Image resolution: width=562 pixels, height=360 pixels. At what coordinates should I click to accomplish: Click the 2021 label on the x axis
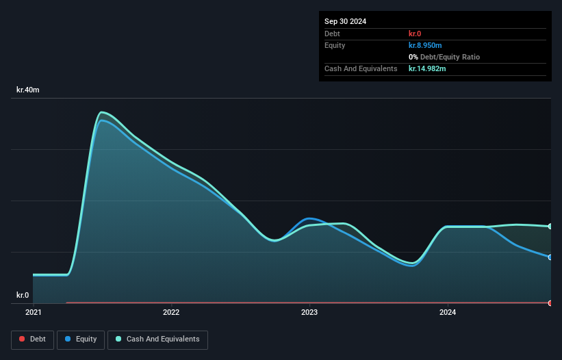tap(33, 312)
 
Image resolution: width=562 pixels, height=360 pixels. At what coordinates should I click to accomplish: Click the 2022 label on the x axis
tap(171, 312)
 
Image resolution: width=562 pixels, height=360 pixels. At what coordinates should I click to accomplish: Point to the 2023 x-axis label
tap(309, 312)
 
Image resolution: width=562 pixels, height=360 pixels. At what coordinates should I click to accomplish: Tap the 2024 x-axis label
tap(448, 312)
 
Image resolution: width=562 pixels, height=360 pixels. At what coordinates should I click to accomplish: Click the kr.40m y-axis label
tap(28, 90)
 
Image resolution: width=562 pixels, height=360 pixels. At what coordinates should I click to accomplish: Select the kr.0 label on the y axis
tap(23, 295)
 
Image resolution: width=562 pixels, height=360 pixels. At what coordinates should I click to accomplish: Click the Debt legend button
tap(32, 339)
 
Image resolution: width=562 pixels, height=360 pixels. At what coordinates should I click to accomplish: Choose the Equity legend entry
tap(81, 339)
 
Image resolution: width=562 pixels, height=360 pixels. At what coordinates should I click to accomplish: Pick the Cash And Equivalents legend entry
tap(157, 339)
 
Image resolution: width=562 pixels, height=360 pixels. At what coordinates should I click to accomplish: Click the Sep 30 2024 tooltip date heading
tap(345, 21)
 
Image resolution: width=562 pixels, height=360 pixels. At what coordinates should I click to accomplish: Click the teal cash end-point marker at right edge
tap(550, 226)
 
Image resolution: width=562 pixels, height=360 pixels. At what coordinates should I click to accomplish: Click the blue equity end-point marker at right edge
tap(550, 257)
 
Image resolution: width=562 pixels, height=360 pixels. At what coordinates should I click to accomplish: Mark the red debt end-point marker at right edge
tap(550, 303)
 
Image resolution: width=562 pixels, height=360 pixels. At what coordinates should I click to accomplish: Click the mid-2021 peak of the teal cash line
tap(102, 112)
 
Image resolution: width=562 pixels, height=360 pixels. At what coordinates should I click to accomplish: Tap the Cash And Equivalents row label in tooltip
tap(361, 68)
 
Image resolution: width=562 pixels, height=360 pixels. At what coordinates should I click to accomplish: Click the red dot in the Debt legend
tap(22, 339)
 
